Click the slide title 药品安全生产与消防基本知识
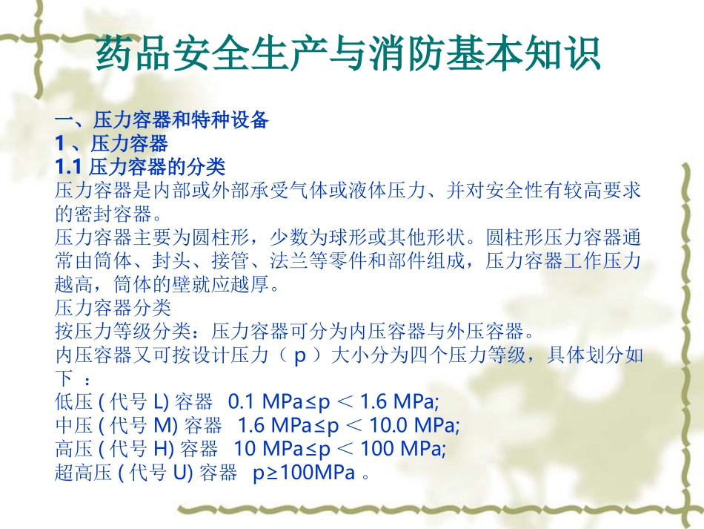pyautogui.click(x=348, y=56)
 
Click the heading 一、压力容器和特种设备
pyautogui.click(x=162, y=120)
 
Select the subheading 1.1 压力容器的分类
pyautogui.click(x=140, y=165)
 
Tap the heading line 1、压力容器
pyautogui.click(x=112, y=142)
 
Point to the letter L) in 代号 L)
pyautogui.click(x=161, y=402)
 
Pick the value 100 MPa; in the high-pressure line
pyautogui.click(x=407, y=449)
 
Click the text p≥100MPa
pyautogui.click(x=305, y=473)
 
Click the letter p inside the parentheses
pyautogui.click(x=300, y=355)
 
